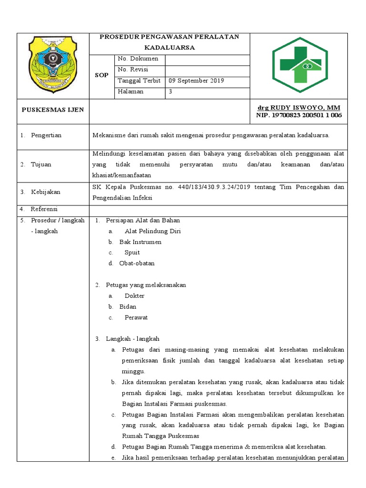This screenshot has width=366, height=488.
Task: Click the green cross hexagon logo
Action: click(x=299, y=65)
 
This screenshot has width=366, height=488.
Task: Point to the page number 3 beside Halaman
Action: click(x=170, y=92)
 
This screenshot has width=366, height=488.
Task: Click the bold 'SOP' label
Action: click(x=102, y=75)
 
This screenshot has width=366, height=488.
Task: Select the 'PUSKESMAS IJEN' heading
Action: click(x=53, y=110)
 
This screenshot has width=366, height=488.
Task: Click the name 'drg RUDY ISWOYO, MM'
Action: click(x=299, y=108)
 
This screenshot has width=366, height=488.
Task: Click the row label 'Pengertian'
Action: click(x=46, y=135)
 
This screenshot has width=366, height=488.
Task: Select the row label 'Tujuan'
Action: click(x=41, y=164)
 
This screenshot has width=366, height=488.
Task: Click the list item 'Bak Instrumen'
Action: click(x=140, y=242)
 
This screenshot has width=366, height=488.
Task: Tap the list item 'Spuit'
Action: click(x=132, y=253)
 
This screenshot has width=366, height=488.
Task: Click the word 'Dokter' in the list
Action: click(x=134, y=296)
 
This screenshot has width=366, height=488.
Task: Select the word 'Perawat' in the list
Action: click(x=136, y=317)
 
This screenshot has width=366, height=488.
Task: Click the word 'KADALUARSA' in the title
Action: click(x=170, y=48)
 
